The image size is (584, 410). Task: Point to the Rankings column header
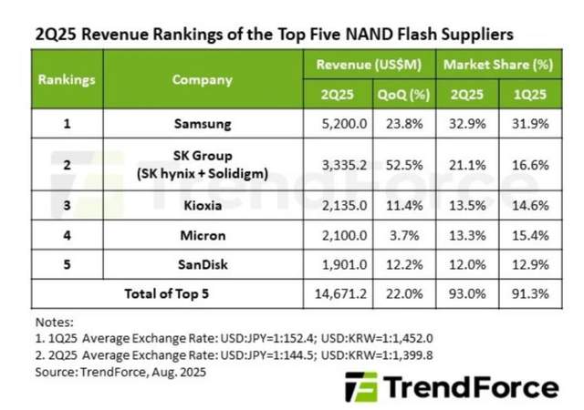pyautogui.click(x=67, y=79)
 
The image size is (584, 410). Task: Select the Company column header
pyautogui.click(x=203, y=79)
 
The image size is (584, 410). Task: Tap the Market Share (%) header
pyautogui.click(x=499, y=65)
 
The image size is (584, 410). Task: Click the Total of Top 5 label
pyautogui.click(x=168, y=294)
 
